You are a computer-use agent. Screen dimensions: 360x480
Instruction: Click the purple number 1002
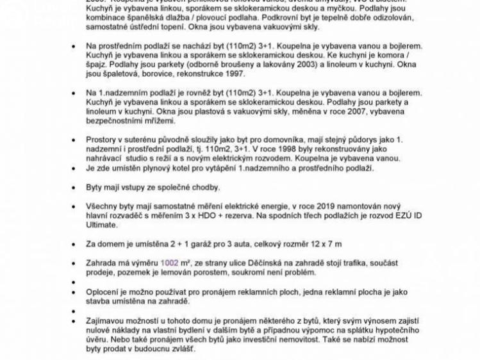pos(170,263)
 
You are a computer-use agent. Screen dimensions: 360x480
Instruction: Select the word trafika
pos(360,263)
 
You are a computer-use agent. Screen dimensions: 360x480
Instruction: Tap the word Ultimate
pos(103,225)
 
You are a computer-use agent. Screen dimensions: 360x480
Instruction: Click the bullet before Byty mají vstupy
pos(74,188)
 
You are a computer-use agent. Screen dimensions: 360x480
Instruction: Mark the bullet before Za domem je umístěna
pos(74,244)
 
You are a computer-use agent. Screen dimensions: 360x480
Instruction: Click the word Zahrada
pos(104,263)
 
